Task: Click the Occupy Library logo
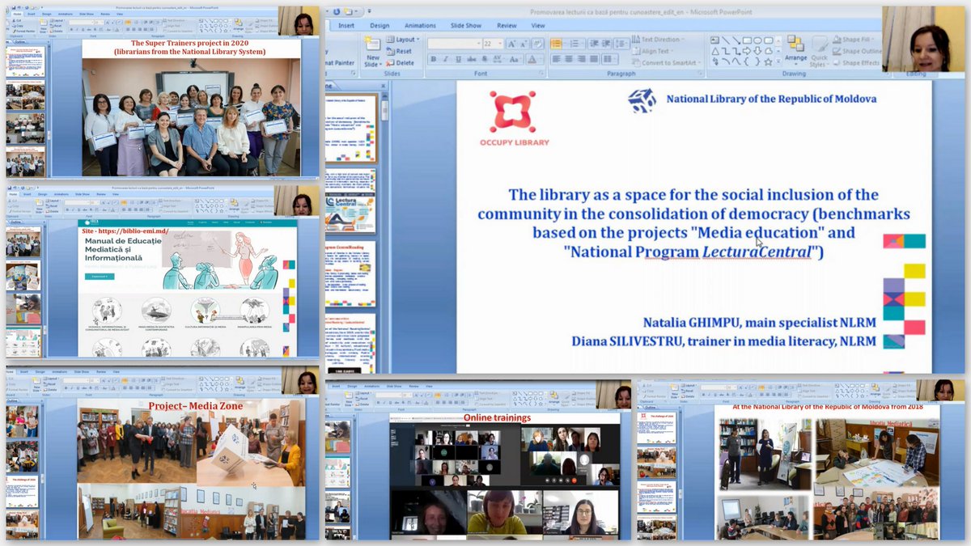pos(519,119)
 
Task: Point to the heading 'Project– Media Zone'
pos(195,404)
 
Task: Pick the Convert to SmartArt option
pos(671,62)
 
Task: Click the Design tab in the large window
pos(379,25)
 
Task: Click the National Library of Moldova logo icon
pos(642,100)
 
